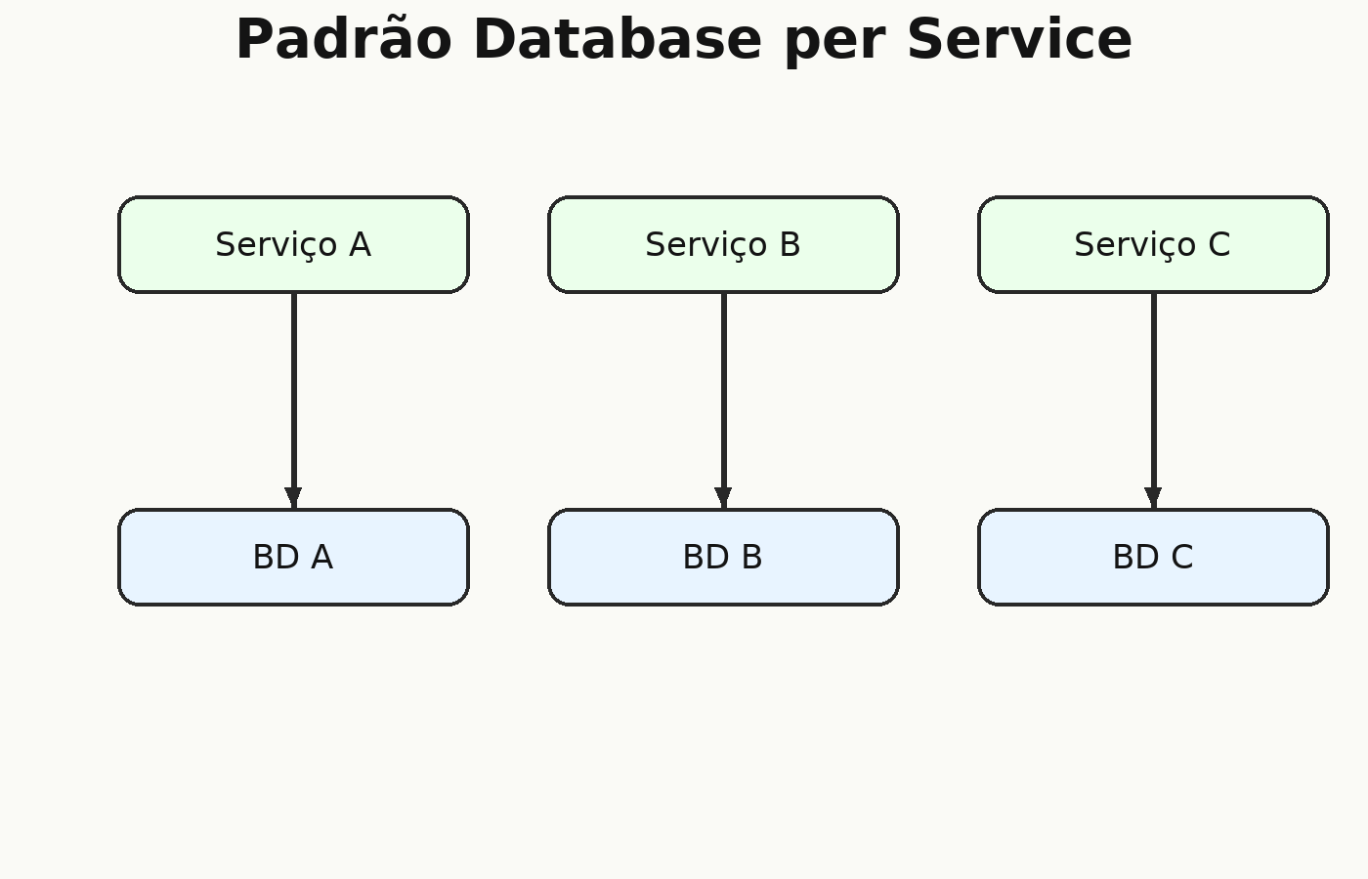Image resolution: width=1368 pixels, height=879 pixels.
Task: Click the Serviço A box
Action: click(294, 245)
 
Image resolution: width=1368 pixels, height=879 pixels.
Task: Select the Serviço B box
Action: click(724, 245)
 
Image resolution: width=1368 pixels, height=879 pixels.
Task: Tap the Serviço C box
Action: click(1154, 245)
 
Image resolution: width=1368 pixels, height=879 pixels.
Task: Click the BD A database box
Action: click(294, 558)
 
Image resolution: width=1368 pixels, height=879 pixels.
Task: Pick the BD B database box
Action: click(724, 558)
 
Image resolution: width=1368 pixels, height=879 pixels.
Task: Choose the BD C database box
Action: click(1154, 558)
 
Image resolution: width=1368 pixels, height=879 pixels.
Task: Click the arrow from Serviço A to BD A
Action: click(294, 401)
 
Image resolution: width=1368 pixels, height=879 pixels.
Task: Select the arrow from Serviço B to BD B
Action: click(724, 401)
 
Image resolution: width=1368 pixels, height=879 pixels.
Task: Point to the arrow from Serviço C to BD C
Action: click(1154, 401)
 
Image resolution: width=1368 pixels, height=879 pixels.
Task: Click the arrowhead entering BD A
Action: click(294, 498)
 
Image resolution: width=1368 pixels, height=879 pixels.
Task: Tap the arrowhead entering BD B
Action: click(724, 498)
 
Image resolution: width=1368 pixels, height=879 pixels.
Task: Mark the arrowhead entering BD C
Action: click(1154, 498)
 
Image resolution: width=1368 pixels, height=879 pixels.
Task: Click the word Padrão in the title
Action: click(344, 38)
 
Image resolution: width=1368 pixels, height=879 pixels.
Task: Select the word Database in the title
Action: click(618, 39)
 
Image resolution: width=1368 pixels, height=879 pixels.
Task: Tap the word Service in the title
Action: click(1020, 39)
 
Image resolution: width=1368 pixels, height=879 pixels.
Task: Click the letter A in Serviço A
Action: click(361, 245)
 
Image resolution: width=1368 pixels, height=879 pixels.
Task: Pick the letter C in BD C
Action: click(1182, 558)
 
